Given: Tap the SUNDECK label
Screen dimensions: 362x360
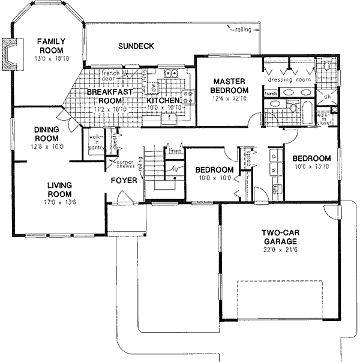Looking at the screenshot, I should pyautogui.click(x=136, y=46).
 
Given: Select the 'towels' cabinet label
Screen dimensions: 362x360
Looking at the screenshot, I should pyautogui.click(x=271, y=94).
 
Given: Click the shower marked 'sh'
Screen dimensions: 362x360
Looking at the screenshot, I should pyautogui.click(x=328, y=97).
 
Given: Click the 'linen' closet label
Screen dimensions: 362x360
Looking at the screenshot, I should pyautogui.click(x=175, y=151).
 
